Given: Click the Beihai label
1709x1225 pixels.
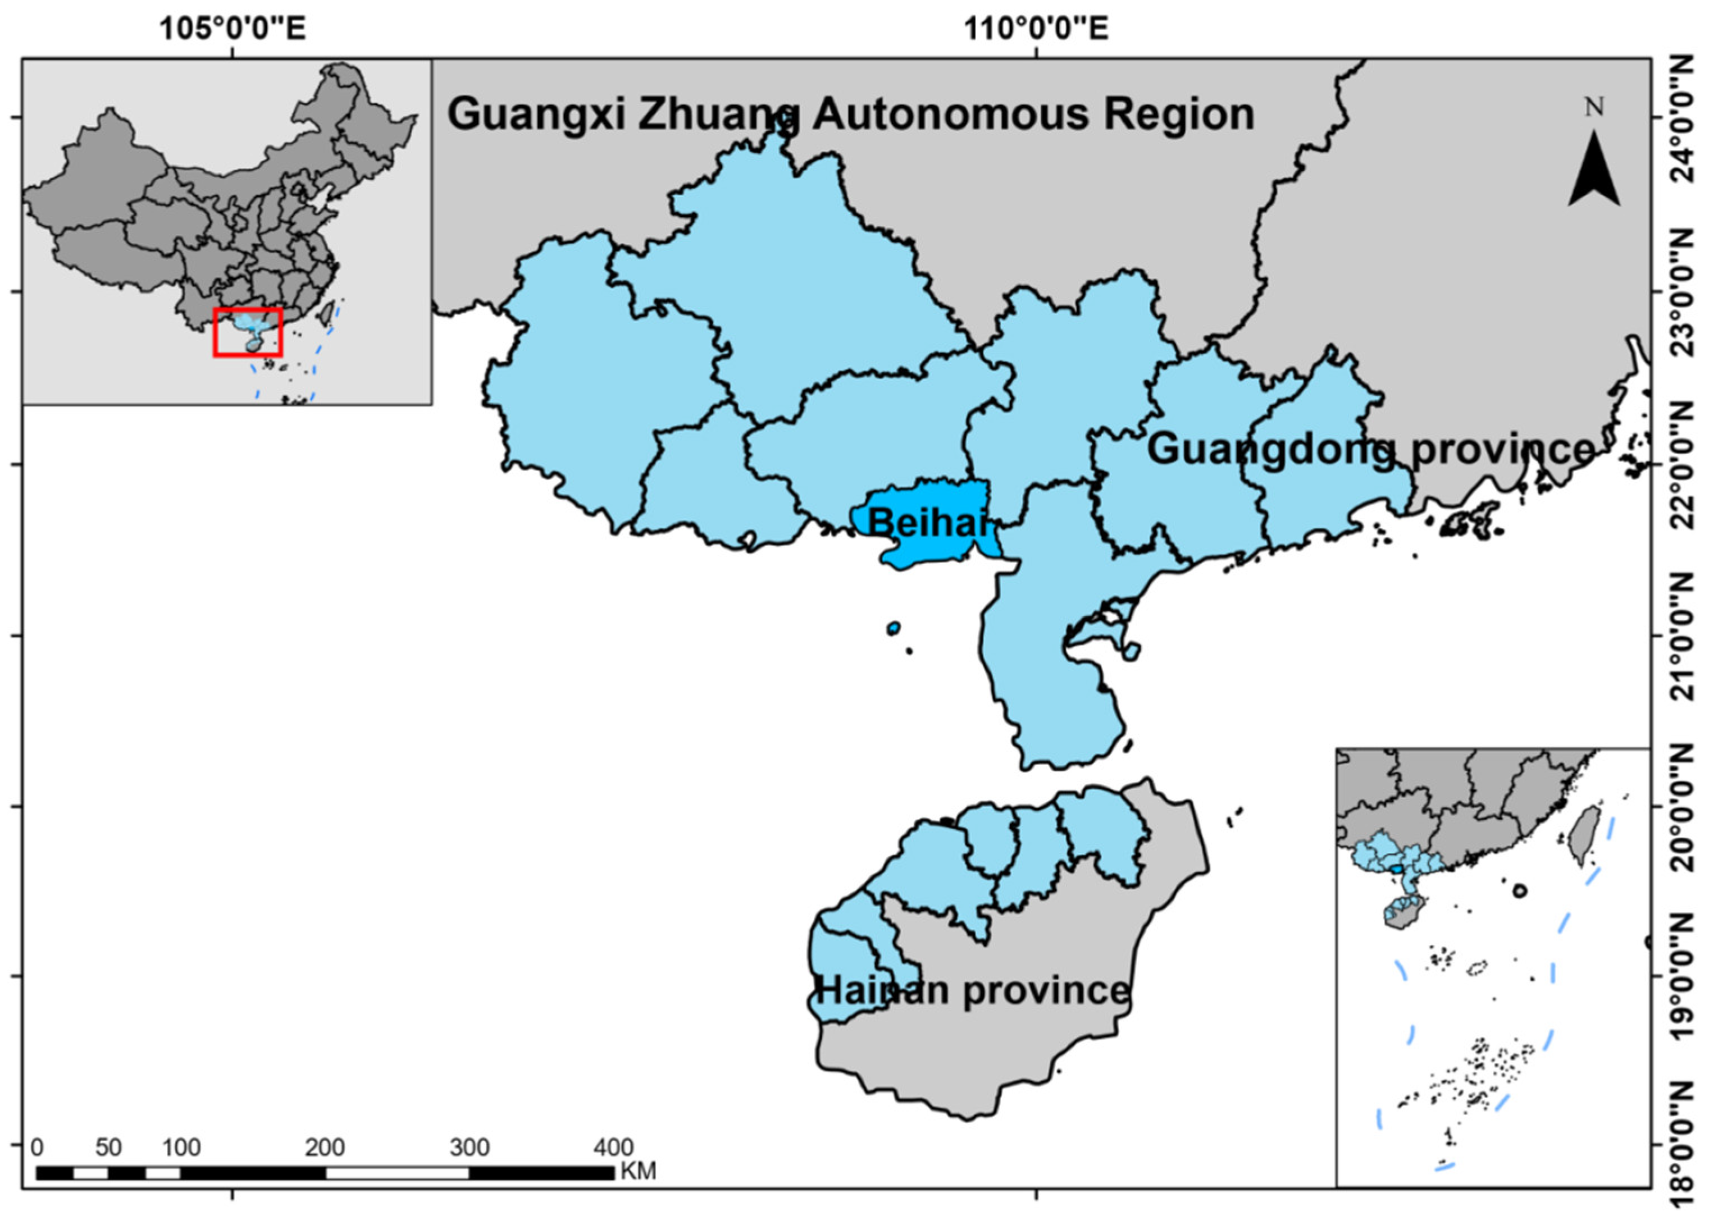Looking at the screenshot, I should tap(927, 522).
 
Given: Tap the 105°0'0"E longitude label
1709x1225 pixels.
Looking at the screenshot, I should tap(232, 29).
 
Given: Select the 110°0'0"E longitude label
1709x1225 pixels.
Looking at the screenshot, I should tap(1037, 29).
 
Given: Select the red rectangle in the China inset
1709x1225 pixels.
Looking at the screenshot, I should tap(248, 331).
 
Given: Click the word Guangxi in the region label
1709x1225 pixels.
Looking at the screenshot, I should tap(536, 115).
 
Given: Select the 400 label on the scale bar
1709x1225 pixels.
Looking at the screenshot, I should tap(613, 1148).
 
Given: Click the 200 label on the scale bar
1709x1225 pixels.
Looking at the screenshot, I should tap(325, 1148).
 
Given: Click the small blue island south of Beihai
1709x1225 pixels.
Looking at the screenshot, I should tap(894, 628).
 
